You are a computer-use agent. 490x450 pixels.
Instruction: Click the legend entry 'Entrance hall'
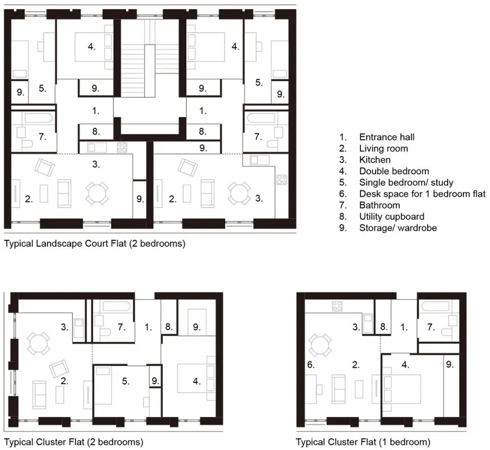(386, 137)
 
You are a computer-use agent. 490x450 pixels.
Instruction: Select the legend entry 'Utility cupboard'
(391, 216)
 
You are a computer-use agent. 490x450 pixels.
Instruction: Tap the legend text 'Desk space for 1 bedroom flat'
(422, 194)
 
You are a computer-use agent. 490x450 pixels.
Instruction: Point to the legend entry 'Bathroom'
(379, 205)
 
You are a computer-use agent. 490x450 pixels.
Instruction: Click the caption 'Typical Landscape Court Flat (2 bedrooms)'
(95, 243)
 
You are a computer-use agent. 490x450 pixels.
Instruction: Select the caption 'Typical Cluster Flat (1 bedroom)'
(363, 442)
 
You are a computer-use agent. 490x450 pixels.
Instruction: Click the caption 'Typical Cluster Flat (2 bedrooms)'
(73, 442)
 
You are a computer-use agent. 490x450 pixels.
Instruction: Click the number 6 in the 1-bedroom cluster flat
(311, 365)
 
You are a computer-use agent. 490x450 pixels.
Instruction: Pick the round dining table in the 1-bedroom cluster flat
(321, 346)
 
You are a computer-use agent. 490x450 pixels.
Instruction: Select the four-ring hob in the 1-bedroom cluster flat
(337, 306)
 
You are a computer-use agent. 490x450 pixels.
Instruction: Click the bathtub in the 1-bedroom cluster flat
(435, 306)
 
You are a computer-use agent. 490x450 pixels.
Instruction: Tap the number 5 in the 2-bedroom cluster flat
(126, 381)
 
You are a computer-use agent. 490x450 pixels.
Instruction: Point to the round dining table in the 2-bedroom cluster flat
(38, 343)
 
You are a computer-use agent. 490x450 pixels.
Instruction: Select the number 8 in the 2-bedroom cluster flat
(169, 327)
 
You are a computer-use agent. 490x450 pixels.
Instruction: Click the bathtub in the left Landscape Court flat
(39, 118)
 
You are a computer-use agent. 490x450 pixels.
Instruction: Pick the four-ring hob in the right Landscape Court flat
(282, 180)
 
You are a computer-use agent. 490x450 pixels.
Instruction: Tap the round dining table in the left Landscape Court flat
(97, 193)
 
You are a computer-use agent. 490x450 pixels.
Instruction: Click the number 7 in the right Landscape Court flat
(257, 136)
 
